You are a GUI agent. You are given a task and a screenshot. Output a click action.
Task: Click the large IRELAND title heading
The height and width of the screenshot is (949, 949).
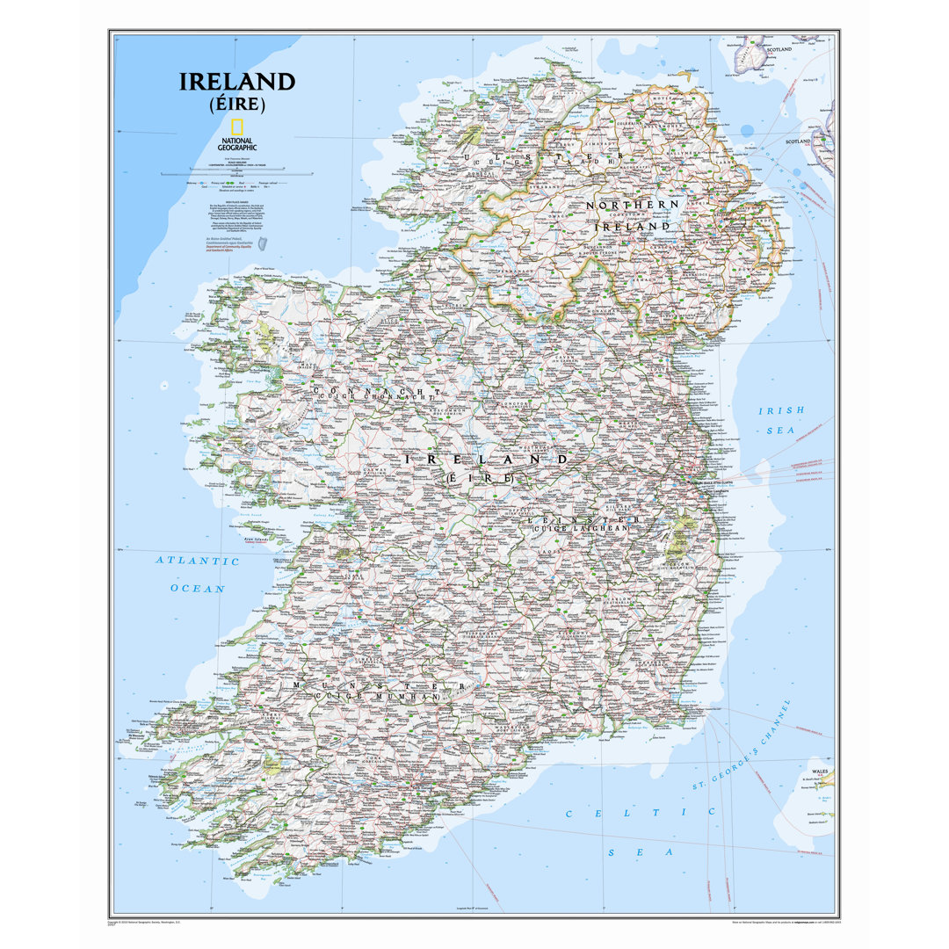(x=237, y=82)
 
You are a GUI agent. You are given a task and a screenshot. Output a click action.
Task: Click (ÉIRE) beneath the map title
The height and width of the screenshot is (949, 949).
(x=237, y=105)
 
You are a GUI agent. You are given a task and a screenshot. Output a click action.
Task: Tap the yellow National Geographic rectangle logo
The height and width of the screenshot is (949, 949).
(x=237, y=127)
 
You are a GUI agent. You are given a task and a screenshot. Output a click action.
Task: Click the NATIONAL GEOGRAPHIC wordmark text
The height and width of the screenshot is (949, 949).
(x=237, y=144)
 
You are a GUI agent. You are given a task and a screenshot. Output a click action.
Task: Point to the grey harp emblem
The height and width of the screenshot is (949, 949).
(x=262, y=243)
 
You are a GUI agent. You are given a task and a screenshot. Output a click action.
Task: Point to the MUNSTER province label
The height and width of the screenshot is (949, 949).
(x=378, y=685)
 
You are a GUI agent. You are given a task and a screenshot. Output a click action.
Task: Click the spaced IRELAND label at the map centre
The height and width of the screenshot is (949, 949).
(x=485, y=459)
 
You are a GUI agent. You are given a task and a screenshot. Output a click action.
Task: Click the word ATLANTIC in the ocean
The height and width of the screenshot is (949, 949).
(x=198, y=561)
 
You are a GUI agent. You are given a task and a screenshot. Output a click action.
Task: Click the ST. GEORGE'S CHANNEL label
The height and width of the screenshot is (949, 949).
(x=743, y=745)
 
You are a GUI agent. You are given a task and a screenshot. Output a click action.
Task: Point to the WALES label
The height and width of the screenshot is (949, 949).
(x=819, y=770)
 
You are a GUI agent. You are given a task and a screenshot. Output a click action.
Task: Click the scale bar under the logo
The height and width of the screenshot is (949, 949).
(x=237, y=172)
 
